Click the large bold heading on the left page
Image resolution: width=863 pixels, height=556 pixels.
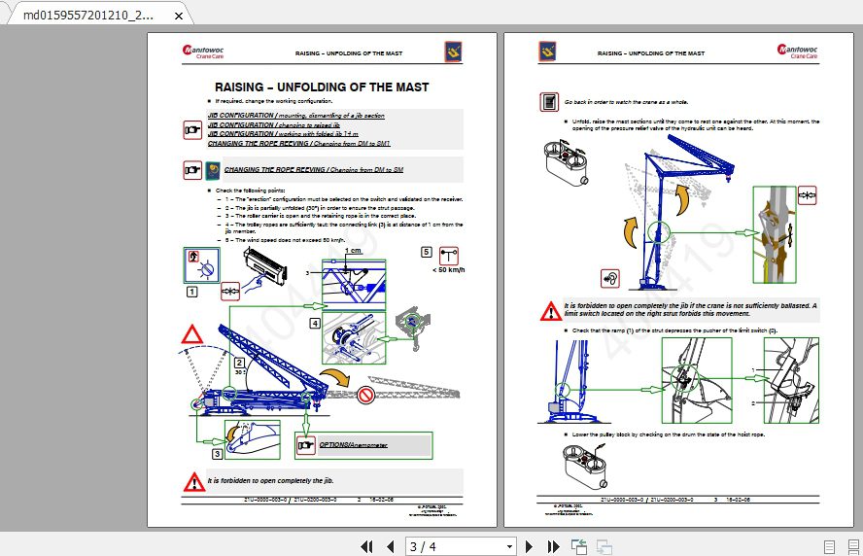[x=322, y=87]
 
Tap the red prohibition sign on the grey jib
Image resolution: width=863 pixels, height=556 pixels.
[x=365, y=395]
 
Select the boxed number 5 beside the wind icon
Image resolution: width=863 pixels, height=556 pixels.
[x=426, y=252]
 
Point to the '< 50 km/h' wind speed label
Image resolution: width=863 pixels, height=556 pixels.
[x=448, y=270]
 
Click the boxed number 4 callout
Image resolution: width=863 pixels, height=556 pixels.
[x=315, y=323]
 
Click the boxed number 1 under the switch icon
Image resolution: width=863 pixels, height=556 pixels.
[x=192, y=291]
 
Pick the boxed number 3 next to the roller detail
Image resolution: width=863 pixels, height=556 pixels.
[x=218, y=452]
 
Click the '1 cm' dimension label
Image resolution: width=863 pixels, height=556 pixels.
[x=354, y=251]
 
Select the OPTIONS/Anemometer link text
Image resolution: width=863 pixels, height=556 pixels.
[x=348, y=445]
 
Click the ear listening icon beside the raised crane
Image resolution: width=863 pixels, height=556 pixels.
[x=610, y=278]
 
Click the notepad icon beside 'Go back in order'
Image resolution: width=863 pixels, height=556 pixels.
[x=549, y=101]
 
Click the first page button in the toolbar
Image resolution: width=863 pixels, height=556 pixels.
[x=367, y=546]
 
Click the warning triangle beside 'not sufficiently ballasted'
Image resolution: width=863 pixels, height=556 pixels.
[x=550, y=311]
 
